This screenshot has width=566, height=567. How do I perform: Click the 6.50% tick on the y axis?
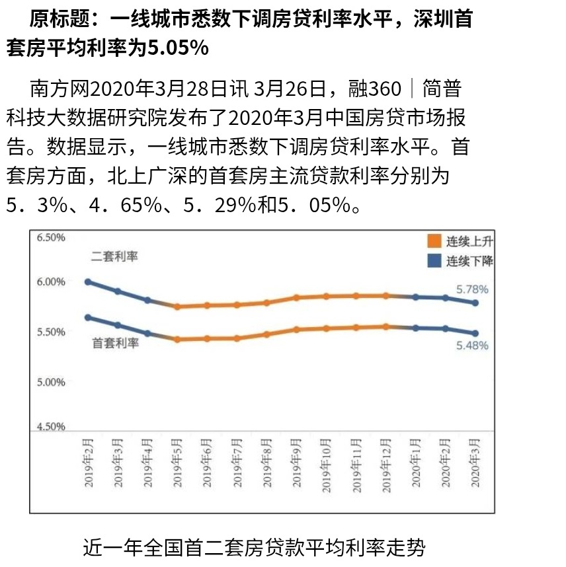[x=50, y=237]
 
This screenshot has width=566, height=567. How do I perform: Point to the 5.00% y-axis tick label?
[x=50, y=382]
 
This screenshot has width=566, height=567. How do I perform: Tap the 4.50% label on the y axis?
[x=50, y=426]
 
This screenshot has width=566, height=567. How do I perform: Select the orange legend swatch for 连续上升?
[x=434, y=241]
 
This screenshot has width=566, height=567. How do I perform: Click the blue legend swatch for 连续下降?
[x=434, y=260]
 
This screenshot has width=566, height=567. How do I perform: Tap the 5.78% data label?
[x=472, y=289]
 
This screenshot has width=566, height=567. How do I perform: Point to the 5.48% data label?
[x=472, y=345]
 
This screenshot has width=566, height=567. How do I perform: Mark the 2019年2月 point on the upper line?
[x=88, y=282]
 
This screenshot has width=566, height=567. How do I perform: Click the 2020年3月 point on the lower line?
[x=475, y=333]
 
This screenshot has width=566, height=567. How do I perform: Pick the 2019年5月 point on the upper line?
[x=177, y=307]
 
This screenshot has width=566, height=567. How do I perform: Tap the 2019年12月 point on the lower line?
[x=385, y=326]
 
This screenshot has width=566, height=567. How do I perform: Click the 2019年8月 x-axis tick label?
[x=266, y=463]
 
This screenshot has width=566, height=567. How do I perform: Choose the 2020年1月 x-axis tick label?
[x=415, y=463]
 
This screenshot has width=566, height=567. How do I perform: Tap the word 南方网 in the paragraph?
[x=59, y=89]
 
